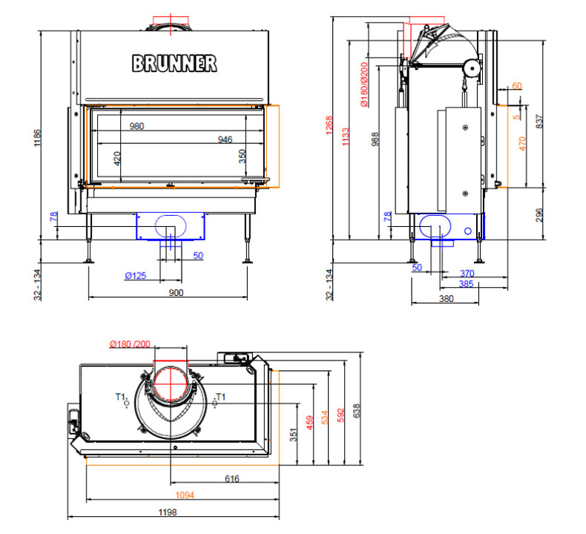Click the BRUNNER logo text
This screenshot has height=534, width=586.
pyautogui.click(x=175, y=63)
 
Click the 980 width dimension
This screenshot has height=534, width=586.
pyautogui.click(x=136, y=127)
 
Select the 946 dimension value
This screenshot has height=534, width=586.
pyautogui.click(x=226, y=139)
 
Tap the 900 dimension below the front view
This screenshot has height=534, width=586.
pyautogui.click(x=176, y=293)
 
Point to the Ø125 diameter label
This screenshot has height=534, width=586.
pyautogui.click(x=135, y=276)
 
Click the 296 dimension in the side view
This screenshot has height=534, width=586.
pyautogui.click(x=539, y=214)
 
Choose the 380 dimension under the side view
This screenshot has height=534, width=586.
pyautogui.click(x=445, y=299)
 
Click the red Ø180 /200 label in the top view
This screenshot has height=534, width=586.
pyautogui.click(x=130, y=343)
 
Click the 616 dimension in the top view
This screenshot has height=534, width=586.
pyautogui.click(x=231, y=480)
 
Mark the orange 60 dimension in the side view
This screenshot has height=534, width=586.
pyautogui.click(x=516, y=86)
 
